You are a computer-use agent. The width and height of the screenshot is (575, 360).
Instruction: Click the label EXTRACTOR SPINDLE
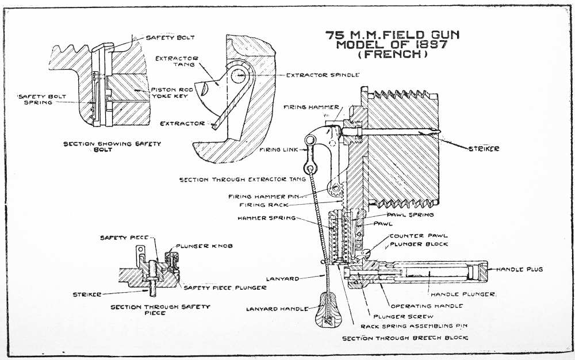[x=323, y=75]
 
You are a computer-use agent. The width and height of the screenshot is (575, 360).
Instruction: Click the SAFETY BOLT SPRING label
[x=35, y=99]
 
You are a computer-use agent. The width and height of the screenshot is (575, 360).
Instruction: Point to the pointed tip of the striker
[x=439, y=133]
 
